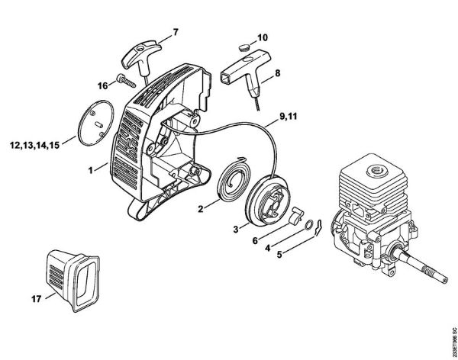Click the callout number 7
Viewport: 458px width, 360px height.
coord(176,32)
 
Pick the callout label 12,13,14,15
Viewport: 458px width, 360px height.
coord(34,143)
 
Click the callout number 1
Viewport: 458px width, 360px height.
coord(92,169)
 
